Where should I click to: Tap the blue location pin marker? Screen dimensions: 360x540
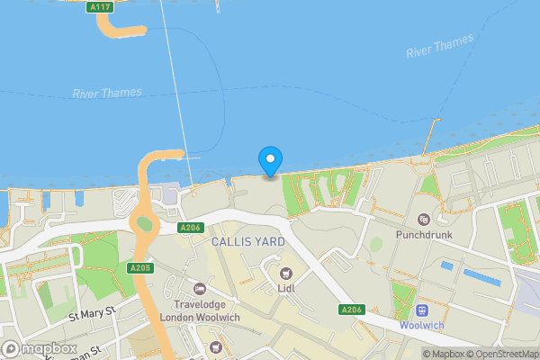[269, 160]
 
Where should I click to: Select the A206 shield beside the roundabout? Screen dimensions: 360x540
[189, 228]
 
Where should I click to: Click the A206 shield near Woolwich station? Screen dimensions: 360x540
[351, 310]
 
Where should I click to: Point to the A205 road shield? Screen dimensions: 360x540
[139, 268]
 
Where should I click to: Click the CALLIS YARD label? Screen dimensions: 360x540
[247, 242]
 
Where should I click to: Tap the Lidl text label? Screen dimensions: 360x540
[286, 289]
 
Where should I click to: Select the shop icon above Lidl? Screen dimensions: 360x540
[286, 274]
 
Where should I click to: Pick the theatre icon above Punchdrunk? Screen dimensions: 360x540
[424, 219]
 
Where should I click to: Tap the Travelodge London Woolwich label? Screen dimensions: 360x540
[198, 311]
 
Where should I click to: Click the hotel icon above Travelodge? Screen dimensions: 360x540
[199, 289]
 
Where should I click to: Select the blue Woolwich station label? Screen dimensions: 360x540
[421, 325]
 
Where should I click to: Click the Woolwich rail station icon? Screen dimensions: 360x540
[421, 309]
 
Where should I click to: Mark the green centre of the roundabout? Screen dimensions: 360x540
[143, 223]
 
